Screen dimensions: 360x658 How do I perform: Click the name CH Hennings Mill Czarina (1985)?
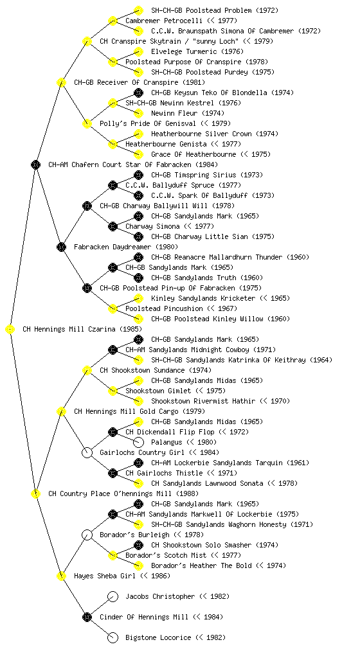pos(82,330)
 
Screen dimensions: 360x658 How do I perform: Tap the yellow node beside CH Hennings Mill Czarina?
pos(10,330)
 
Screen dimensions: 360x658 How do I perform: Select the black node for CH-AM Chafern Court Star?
pos(35,165)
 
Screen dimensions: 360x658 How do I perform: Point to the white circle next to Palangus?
pos(138,442)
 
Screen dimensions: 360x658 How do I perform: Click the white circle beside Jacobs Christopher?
pos(113,596)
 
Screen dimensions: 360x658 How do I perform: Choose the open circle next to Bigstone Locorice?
pos(113,637)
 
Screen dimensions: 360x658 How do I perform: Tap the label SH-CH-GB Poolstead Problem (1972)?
pos(215,10)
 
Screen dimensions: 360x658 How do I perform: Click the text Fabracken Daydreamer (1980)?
pos(126,247)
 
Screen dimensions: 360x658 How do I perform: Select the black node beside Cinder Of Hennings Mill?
pos(87,617)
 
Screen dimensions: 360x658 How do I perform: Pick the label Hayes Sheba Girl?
pos(105,576)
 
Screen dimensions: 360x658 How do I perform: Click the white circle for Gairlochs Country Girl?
pos(87,452)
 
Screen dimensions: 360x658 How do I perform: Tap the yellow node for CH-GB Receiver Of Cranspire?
pos(61,83)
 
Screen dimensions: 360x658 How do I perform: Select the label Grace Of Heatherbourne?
pos(194,154)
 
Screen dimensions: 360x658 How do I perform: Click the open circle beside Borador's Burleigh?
pos(87,535)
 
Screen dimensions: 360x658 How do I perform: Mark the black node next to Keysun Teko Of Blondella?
pos(138,93)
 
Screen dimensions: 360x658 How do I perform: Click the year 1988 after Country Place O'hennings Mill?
pos(188,494)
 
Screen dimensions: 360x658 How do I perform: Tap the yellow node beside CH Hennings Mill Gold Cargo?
pos(61,412)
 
